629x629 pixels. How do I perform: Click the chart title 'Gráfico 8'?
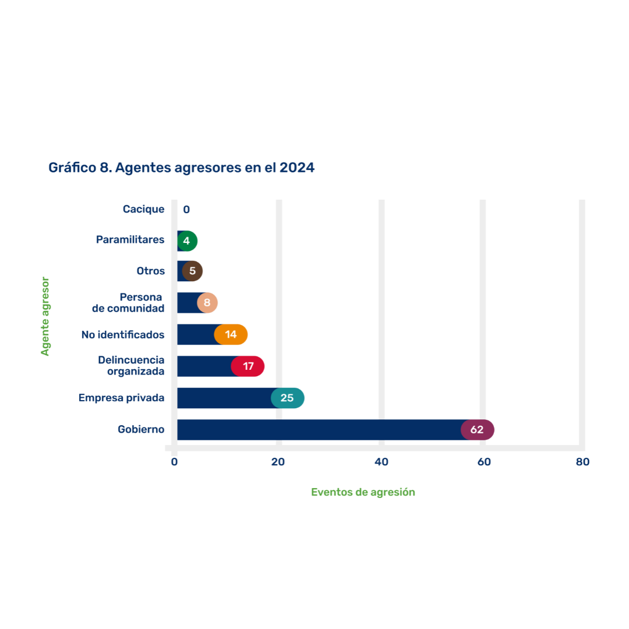181,168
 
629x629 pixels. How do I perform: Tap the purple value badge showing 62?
478,430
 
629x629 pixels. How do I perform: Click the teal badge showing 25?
288,398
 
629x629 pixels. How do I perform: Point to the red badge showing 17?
248,366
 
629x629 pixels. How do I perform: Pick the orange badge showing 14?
231,334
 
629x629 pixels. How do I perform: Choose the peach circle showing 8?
207,303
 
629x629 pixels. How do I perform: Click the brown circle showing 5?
192,271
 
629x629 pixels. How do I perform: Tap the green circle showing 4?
187,241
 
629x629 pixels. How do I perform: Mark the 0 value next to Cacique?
186,210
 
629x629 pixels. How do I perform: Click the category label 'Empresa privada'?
121,398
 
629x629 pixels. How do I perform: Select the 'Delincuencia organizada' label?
131,366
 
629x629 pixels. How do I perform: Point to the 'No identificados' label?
123,335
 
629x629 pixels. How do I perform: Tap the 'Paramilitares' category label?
130,240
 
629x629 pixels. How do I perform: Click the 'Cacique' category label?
143,209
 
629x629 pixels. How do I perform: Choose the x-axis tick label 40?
381,462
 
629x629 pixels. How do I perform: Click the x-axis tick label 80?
582,462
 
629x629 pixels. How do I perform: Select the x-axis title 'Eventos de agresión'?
363,492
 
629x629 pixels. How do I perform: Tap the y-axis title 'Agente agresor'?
45,316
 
